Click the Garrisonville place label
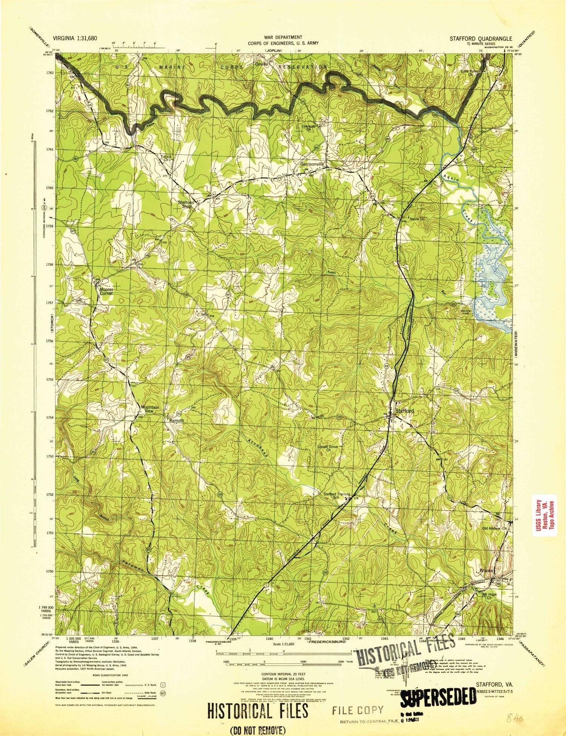pyautogui.click(x=312, y=164)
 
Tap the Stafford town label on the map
pyautogui.click(x=405, y=410)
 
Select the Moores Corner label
pyautogui.click(x=106, y=291)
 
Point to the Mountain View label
pyautogui.click(x=150, y=409)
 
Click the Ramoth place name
pyautogui.click(x=177, y=420)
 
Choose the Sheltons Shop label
pyautogui.click(x=186, y=204)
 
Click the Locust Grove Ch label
pyautogui.click(x=328, y=448)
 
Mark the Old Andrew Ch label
pyautogui.click(x=495, y=529)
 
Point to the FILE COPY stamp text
pyautogui.click(x=358, y=710)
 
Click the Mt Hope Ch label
pyautogui.click(x=489, y=596)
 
